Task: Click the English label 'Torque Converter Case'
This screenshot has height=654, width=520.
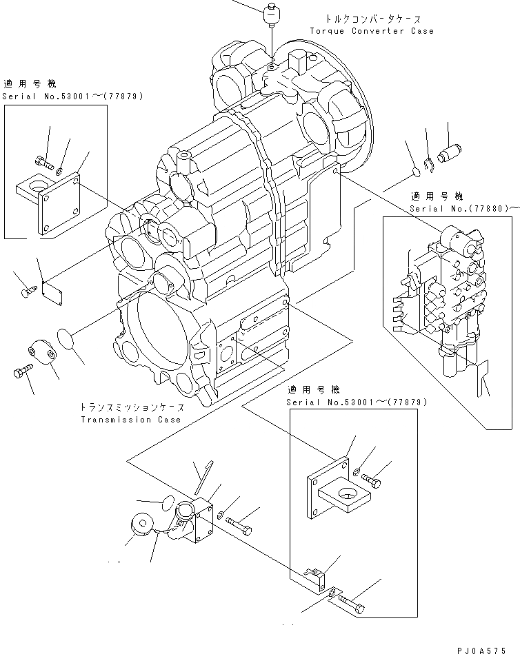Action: tap(372, 31)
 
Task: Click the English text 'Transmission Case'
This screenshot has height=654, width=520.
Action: tap(131, 419)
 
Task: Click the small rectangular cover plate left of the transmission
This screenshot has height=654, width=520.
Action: tap(52, 292)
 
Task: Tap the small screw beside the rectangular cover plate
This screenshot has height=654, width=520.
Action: tap(26, 292)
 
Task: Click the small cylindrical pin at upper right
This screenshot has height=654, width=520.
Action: tap(453, 152)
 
